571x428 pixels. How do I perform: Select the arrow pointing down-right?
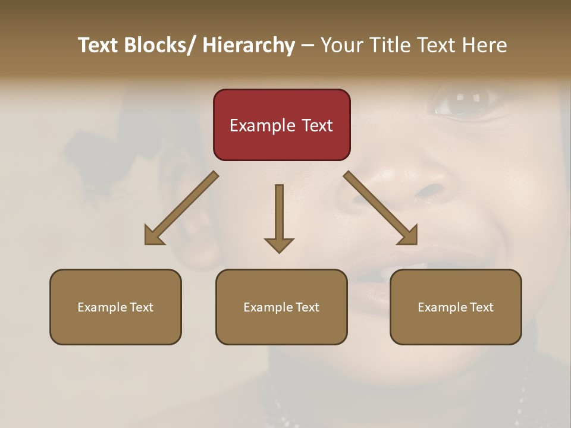pyautogui.click(x=380, y=208)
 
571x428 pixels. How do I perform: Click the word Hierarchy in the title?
pyautogui.click(x=249, y=45)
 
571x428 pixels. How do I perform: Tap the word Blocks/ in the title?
pyautogui.click(x=158, y=45)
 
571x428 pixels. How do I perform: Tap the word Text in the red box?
pyautogui.click(x=316, y=125)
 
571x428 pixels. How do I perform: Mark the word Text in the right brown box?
pyautogui.click(x=481, y=307)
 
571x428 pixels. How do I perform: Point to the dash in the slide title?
pyautogui.click(x=308, y=46)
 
